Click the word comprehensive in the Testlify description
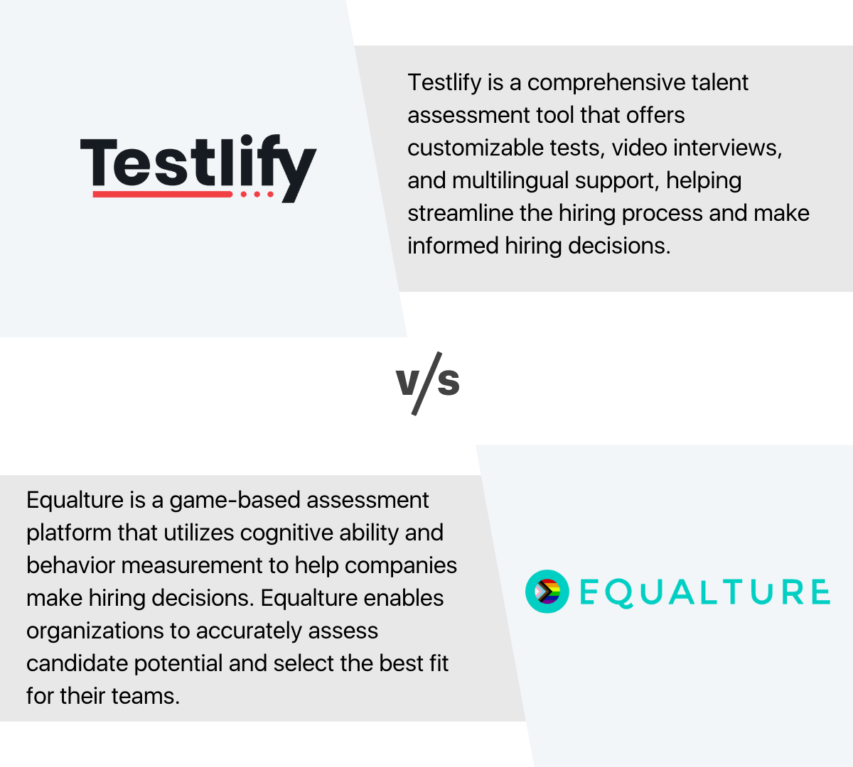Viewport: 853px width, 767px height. tap(596, 83)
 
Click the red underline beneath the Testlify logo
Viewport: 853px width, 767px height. tap(162, 194)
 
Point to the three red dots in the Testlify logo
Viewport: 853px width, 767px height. tap(257, 194)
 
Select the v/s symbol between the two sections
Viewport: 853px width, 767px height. tap(428, 383)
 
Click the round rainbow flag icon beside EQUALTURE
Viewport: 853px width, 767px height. tap(547, 592)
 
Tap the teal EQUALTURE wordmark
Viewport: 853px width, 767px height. tap(704, 592)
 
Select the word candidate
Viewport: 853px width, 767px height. tap(77, 664)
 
